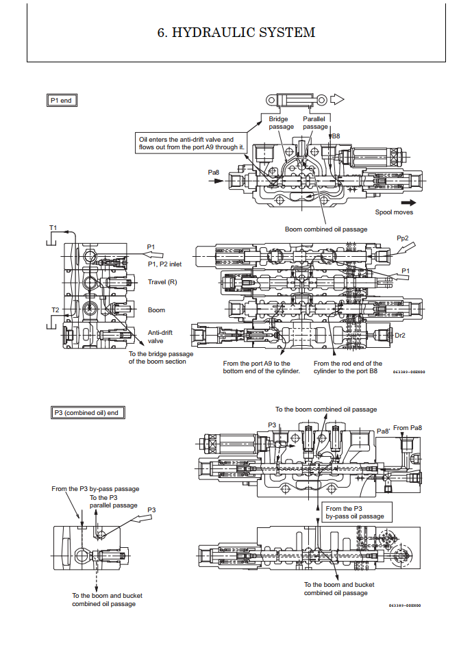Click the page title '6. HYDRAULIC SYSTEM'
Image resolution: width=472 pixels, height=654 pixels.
[236, 32]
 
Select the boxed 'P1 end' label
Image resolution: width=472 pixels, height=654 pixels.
[61, 101]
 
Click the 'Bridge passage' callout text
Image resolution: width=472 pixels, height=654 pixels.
[281, 123]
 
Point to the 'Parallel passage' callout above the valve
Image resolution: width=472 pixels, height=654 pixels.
[315, 123]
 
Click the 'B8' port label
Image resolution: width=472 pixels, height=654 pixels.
[336, 136]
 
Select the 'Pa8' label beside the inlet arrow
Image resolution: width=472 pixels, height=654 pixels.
[213, 173]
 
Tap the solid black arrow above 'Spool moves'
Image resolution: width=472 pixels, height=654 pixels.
[408, 202]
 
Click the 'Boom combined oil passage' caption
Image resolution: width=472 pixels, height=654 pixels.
[326, 229]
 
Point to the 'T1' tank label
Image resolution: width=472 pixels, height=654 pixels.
[53, 227]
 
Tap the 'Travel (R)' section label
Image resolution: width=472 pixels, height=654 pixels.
[162, 282]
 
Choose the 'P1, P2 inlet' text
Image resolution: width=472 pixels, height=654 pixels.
[165, 264]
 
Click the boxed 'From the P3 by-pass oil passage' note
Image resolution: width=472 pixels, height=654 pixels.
[354, 512]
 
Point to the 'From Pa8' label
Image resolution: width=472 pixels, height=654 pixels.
[408, 428]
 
